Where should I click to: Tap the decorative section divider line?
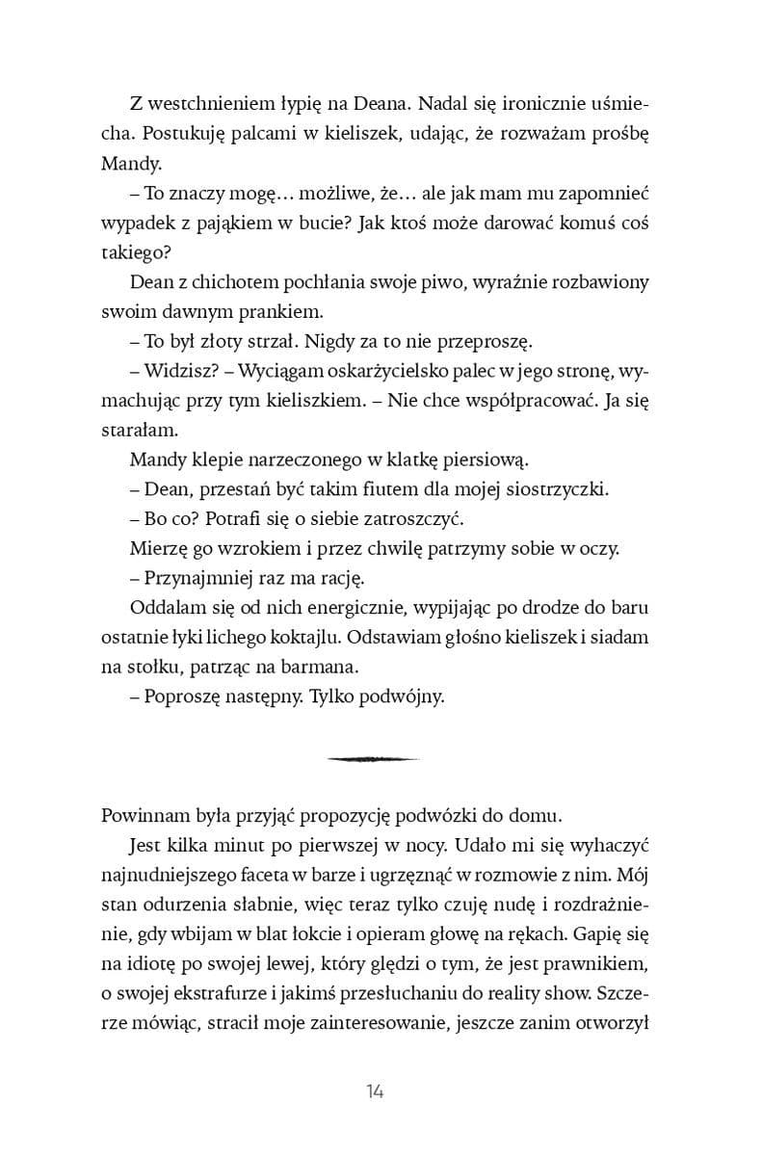[374, 759]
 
